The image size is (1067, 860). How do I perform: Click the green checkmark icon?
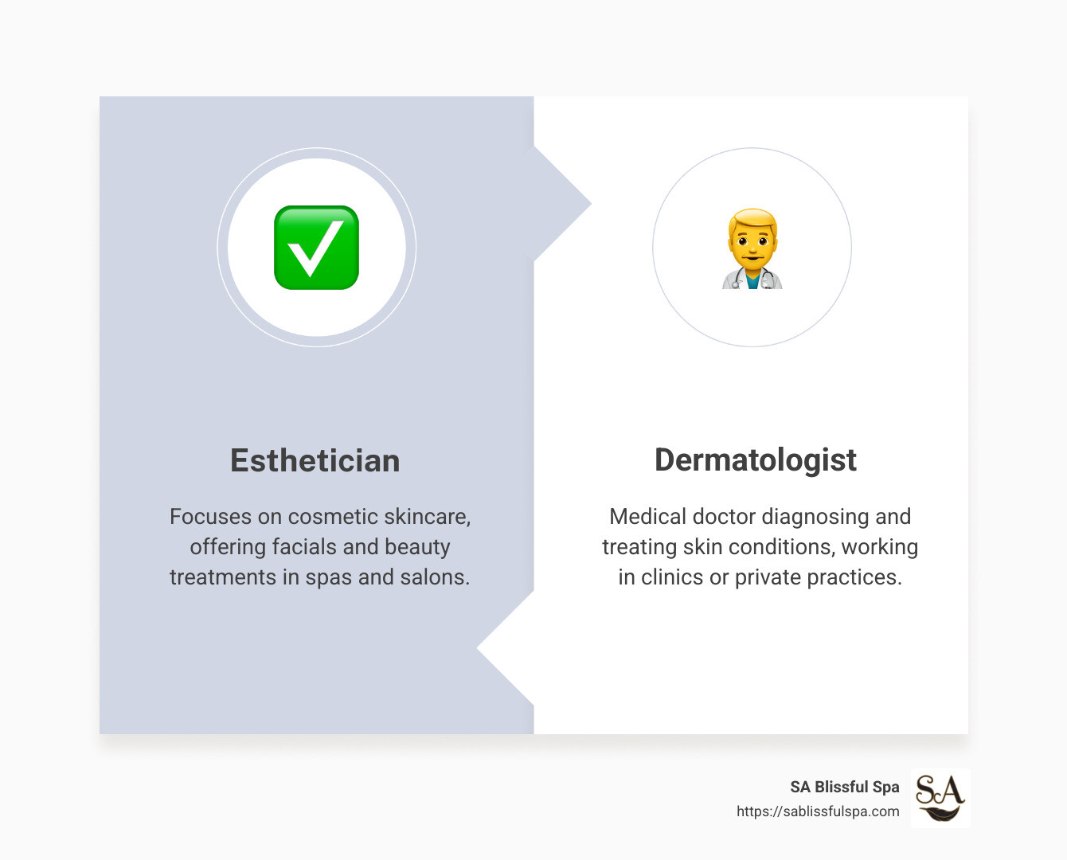pos(316,248)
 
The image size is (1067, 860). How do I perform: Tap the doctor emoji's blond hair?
pos(752,219)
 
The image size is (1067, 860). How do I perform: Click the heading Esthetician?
pos(315,461)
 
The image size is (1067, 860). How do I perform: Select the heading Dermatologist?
pos(755,460)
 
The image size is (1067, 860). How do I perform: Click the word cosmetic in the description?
pos(333,517)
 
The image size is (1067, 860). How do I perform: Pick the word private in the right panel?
pos(768,577)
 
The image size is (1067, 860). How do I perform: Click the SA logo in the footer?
pos(940,798)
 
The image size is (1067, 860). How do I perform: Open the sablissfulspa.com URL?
pos(818,811)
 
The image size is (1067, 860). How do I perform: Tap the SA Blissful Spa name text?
pos(844,787)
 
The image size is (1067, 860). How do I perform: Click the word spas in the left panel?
pos(329,577)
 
